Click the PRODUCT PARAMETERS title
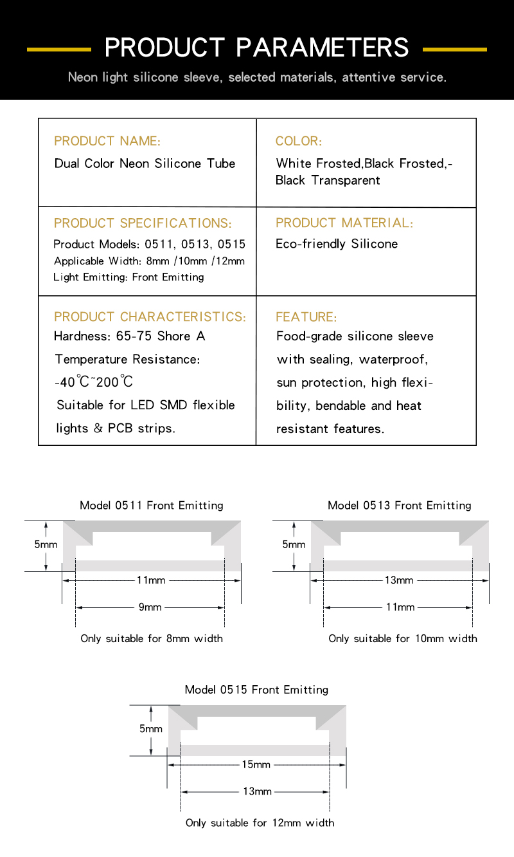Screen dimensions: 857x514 click(256, 48)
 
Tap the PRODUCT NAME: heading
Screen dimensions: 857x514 click(107, 141)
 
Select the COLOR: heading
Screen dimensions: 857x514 click(299, 141)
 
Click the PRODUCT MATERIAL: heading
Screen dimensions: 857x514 click(344, 223)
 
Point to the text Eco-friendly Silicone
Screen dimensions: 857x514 click(337, 244)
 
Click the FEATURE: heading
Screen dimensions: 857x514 click(306, 317)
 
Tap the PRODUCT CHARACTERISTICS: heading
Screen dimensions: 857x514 click(150, 317)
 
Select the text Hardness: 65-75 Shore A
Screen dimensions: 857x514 click(130, 336)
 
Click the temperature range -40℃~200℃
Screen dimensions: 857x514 click(94, 382)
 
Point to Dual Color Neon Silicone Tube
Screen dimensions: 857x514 click(145, 163)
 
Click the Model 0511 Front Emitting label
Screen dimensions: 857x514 click(152, 505)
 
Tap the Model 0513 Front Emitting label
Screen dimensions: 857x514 click(399, 505)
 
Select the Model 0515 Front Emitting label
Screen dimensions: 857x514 click(256, 690)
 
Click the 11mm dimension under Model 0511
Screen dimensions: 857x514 click(151, 580)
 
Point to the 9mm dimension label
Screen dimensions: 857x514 click(150, 607)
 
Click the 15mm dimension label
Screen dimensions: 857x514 click(256, 765)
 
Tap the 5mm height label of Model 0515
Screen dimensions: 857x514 click(151, 729)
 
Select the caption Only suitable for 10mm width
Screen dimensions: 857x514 click(403, 639)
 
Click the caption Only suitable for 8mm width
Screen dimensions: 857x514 click(152, 639)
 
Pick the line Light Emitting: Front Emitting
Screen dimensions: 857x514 click(128, 277)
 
